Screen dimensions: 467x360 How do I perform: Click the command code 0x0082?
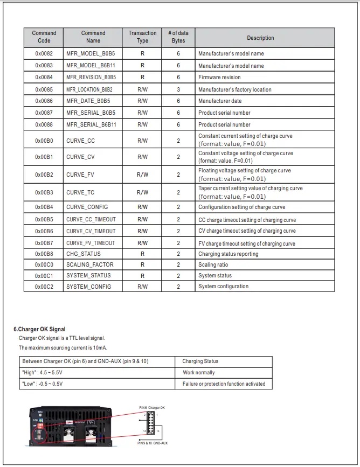pyautogui.click(x=44, y=54)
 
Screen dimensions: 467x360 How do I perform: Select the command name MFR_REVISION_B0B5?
pyautogui.click(x=91, y=78)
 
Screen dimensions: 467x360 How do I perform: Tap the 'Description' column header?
pyautogui.click(x=260, y=38)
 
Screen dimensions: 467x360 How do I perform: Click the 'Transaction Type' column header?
pyautogui.click(x=142, y=37)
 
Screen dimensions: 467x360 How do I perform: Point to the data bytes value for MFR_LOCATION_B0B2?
pyautogui.click(x=178, y=89)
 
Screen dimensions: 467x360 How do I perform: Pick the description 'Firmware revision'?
pyautogui.click(x=219, y=78)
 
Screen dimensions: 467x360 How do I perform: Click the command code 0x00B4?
pyautogui.click(x=44, y=207)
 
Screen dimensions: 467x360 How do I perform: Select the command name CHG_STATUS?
pyautogui.click(x=83, y=254)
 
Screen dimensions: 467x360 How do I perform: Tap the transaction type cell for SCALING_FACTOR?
pyautogui.click(x=142, y=265)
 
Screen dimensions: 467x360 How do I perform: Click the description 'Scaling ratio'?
pyautogui.click(x=213, y=265)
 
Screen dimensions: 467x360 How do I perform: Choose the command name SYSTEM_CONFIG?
pyautogui.click(x=88, y=287)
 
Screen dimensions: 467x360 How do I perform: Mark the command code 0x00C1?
pyautogui.click(x=44, y=276)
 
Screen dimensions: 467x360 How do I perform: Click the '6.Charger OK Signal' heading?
pyautogui.click(x=39, y=329)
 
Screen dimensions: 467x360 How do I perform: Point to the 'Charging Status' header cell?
pyautogui.click(x=200, y=361)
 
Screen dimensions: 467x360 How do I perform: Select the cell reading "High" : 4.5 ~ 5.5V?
pyautogui.click(x=43, y=373)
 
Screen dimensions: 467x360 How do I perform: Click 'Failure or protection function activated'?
pyautogui.click(x=224, y=384)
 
